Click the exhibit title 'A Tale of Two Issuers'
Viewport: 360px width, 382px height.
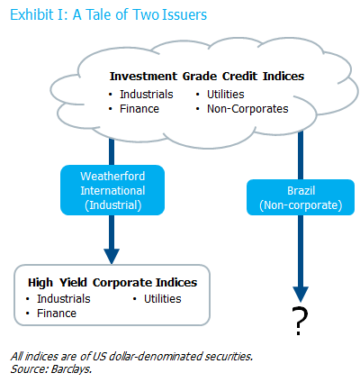click(x=139, y=14)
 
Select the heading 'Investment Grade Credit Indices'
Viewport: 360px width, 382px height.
click(x=207, y=76)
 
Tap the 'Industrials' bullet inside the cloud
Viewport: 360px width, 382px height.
click(x=147, y=95)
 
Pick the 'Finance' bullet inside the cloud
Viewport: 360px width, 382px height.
click(x=139, y=109)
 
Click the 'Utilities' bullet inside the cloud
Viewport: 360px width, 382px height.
click(x=226, y=95)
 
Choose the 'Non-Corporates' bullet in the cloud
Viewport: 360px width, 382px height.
click(x=247, y=109)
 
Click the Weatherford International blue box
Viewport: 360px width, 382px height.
click(x=112, y=190)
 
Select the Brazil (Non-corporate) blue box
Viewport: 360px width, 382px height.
click(x=301, y=197)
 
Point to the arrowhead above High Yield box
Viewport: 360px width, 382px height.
click(x=112, y=256)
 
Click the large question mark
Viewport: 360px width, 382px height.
click(x=300, y=321)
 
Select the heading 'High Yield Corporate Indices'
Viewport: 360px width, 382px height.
click(x=112, y=283)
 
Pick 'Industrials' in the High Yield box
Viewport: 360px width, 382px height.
click(x=64, y=299)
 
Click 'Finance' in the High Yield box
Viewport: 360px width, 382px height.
click(x=57, y=314)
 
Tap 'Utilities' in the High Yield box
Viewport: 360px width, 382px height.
click(x=163, y=299)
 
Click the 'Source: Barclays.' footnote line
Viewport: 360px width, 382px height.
click(x=51, y=369)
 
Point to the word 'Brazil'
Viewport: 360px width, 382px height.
click(x=301, y=191)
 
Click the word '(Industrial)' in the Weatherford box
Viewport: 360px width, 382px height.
click(x=113, y=205)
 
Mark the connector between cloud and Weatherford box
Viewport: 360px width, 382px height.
click(x=112, y=151)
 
